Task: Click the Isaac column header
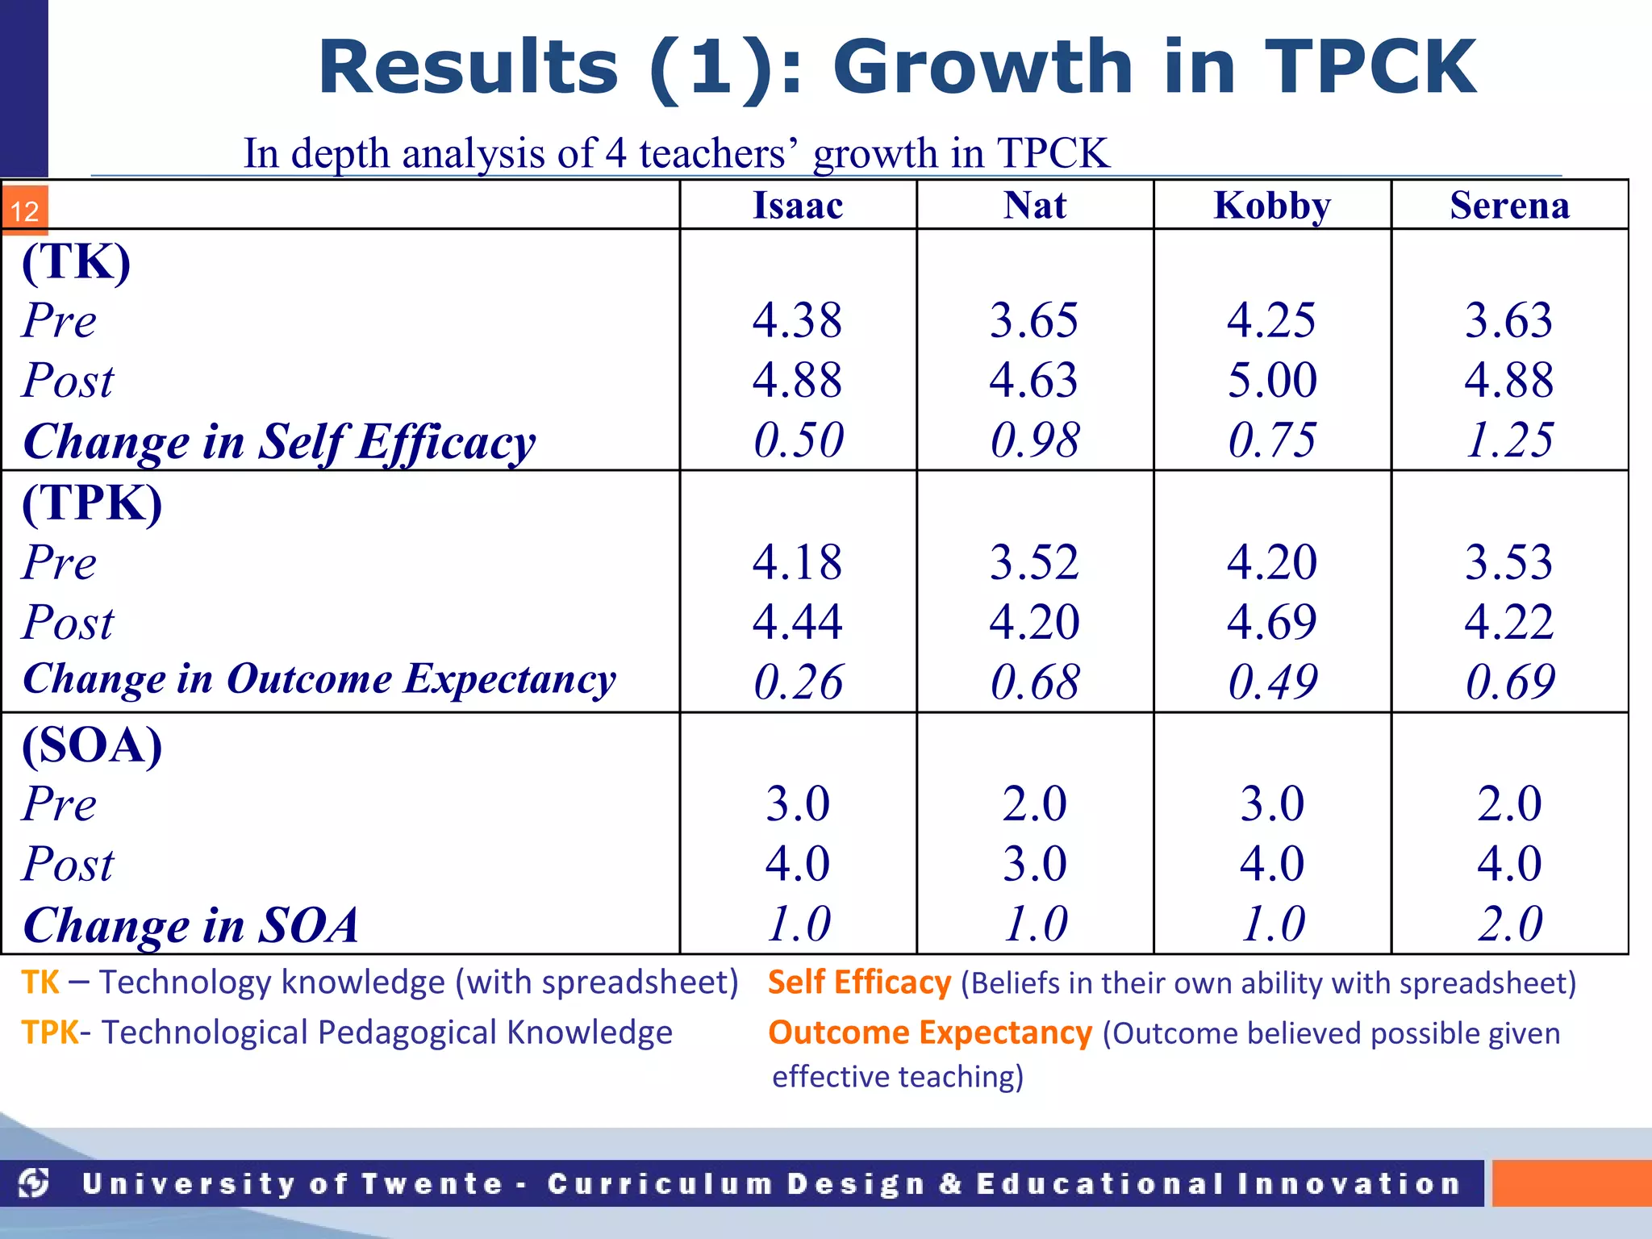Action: [798, 206]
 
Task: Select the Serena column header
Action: [1509, 206]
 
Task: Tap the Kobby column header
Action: [1272, 206]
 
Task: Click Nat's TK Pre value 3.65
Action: [1034, 320]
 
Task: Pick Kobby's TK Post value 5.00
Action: [1272, 380]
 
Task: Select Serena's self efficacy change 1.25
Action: [1509, 440]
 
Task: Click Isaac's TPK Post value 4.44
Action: [798, 622]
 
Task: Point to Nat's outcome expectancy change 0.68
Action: [1034, 682]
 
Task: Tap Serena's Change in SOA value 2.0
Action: [1509, 924]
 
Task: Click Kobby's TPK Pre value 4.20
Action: [1272, 562]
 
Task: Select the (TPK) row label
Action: [92, 503]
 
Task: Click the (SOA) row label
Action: [92, 745]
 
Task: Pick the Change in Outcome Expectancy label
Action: [319, 679]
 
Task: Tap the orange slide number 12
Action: [25, 211]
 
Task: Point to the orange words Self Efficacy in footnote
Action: [859, 982]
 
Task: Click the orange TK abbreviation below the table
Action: [40, 982]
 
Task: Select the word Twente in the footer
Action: [432, 1183]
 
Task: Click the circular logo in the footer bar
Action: [35, 1183]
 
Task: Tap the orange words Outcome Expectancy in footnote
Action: [930, 1033]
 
